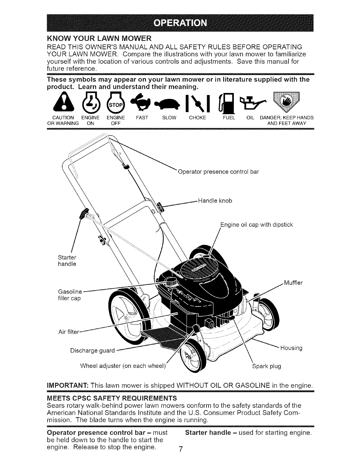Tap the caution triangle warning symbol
(x=60, y=104)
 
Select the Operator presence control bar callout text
(x=218, y=172)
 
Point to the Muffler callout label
(x=293, y=283)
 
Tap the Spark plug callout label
(x=266, y=366)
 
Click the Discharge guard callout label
(x=92, y=351)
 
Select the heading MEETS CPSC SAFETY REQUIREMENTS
(x=112, y=398)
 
